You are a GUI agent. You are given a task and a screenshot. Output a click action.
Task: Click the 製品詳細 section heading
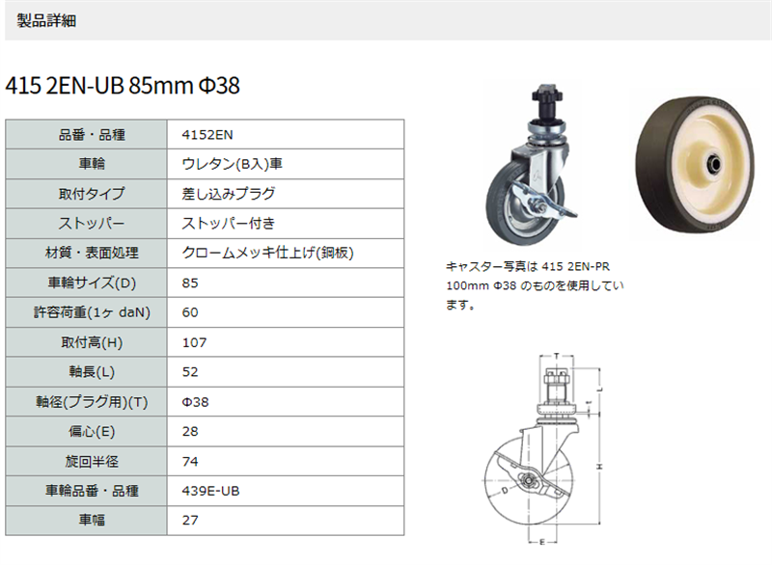46,20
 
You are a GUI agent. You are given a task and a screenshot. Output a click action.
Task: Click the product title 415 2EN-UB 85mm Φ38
123,86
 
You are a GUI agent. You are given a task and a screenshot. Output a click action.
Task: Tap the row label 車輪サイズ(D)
92,282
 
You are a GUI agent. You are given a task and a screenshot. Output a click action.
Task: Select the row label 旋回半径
92,461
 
